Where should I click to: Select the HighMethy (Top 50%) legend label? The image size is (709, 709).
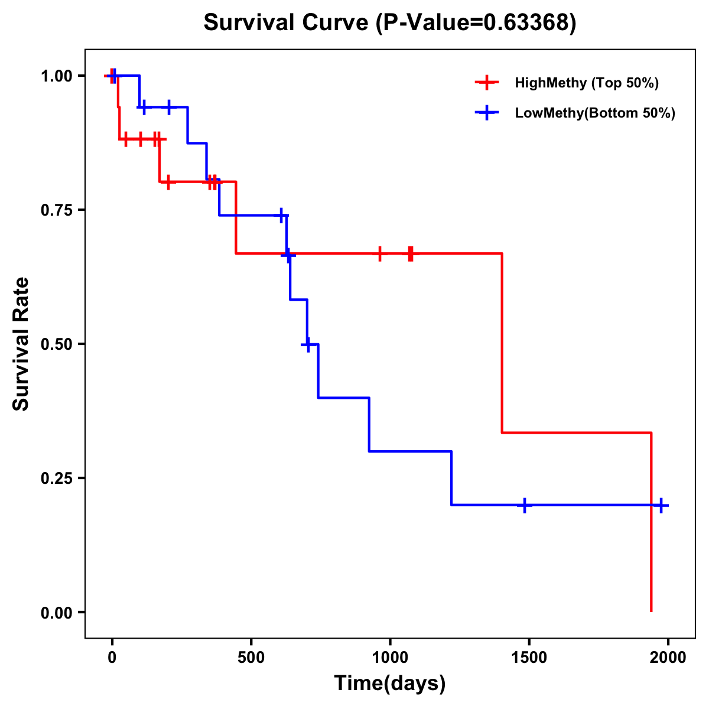click(x=586, y=83)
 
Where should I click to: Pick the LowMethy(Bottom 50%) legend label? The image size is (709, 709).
click(x=594, y=113)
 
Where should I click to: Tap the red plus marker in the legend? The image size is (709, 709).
click(x=486, y=83)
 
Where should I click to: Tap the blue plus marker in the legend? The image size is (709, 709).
click(x=486, y=113)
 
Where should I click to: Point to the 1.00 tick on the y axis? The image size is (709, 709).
click(x=57, y=76)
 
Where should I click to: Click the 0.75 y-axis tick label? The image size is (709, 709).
click(x=57, y=210)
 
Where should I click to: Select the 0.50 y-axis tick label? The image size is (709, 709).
click(x=57, y=344)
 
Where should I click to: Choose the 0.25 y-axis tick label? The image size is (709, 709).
click(x=57, y=479)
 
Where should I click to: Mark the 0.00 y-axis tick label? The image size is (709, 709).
click(x=57, y=613)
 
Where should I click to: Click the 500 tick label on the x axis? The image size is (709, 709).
click(x=251, y=658)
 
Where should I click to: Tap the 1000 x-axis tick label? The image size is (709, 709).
click(x=390, y=658)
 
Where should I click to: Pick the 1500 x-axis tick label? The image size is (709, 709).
click(x=529, y=658)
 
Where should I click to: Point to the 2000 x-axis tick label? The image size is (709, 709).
click(x=668, y=658)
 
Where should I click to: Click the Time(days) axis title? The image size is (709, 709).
click(x=390, y=684)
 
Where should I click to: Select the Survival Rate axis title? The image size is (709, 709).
click(x=21, y=344)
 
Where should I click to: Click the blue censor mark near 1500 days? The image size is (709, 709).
click(x=524, y=506)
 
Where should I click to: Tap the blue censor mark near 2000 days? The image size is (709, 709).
click(x=661, y=505)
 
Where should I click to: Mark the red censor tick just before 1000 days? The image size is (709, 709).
click(x=379, y=253)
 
